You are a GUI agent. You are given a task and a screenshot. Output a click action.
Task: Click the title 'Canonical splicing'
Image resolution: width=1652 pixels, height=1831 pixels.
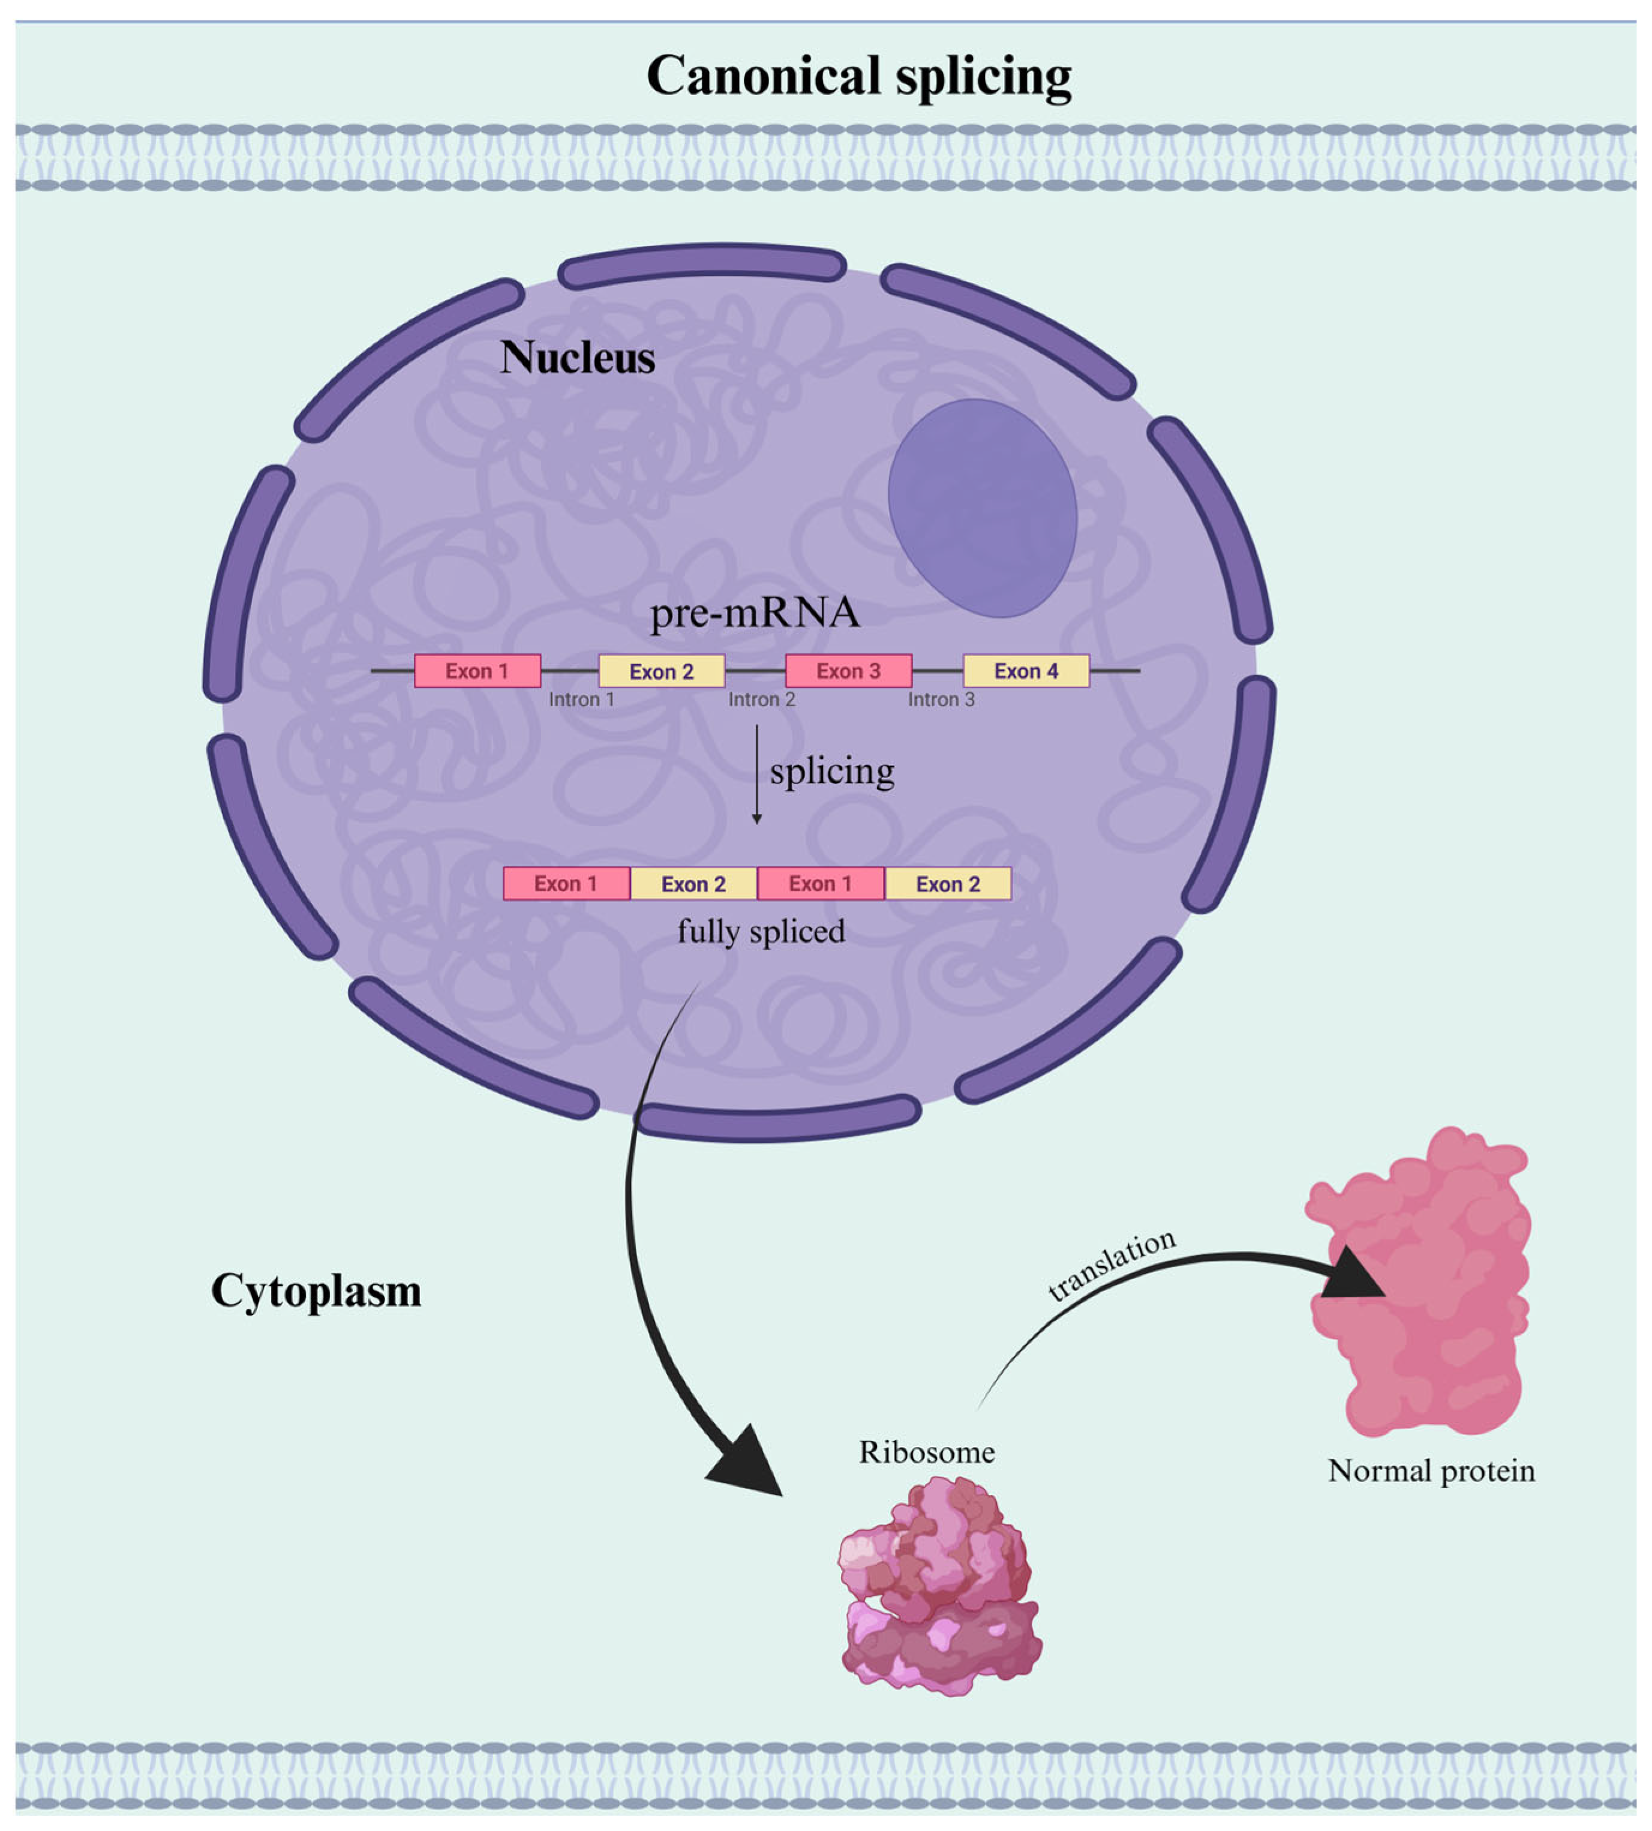858,76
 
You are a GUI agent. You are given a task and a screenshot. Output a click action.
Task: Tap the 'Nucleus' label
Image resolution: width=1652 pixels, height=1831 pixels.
577,358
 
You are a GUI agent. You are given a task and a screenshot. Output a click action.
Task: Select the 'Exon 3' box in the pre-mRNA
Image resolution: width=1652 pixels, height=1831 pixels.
848,671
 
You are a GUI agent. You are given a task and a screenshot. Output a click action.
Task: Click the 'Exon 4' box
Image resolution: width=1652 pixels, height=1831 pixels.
1026,671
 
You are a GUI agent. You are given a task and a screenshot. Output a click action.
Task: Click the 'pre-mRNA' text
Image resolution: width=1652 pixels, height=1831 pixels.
754,613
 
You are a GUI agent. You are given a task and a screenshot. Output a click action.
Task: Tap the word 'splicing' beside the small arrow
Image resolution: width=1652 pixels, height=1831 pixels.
831,772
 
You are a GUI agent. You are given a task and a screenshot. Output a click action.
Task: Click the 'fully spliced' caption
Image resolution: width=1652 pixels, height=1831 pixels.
761,931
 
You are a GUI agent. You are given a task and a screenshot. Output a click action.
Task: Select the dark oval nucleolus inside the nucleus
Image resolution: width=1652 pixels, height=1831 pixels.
982,508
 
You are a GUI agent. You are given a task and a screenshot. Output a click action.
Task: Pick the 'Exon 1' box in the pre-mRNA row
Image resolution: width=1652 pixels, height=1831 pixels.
477,671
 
